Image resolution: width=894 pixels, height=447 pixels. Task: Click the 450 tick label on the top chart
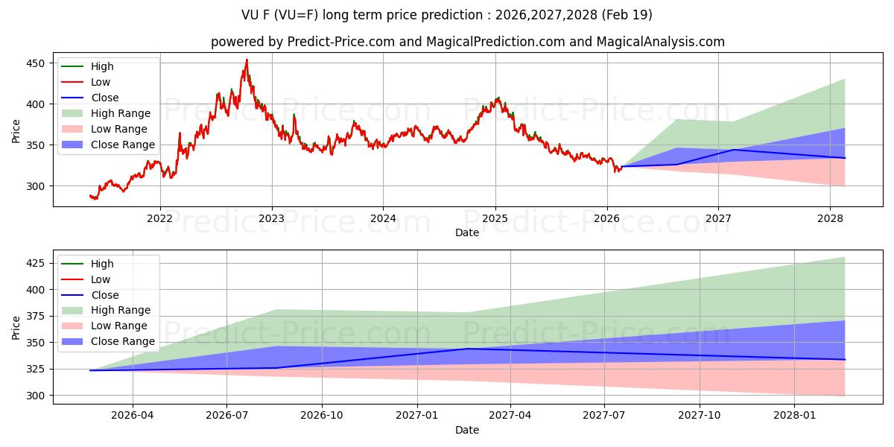click(36, 63)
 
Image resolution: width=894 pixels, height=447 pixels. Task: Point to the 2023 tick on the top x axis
click(271, 219)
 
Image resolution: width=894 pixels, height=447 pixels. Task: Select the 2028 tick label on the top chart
click(830, 219)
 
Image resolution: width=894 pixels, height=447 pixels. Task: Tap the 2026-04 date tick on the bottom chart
click(133, 416)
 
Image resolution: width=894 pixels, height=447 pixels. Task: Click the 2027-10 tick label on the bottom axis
click(700, 416)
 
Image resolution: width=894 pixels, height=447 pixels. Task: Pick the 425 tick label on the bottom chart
click(36, 264)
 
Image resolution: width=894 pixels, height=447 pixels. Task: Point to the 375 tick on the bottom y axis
click(36, 316)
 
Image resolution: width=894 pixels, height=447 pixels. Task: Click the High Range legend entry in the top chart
click(106, 113)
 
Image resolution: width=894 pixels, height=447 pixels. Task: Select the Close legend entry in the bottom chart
click(90, 295)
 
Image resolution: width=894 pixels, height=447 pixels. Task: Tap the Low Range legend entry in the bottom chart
click(104, 326)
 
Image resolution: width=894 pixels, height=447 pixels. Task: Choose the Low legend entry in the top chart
click(86, 82)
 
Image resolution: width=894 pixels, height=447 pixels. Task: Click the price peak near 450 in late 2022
click(247, 60)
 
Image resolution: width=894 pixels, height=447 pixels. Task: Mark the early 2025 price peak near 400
click(498, 98)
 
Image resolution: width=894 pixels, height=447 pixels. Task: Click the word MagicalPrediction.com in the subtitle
click(495, 42)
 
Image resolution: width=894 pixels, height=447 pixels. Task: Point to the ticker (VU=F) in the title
click(297, 15)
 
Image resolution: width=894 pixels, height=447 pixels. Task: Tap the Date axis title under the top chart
click(467, 232)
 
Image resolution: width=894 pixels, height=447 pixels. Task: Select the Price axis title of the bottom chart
click(16, 328)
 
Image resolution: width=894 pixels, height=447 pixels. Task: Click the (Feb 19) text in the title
click(627, 15)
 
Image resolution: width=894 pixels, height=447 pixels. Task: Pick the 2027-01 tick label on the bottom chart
click(416, 416)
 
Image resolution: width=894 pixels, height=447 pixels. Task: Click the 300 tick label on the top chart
click(36, 186)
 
